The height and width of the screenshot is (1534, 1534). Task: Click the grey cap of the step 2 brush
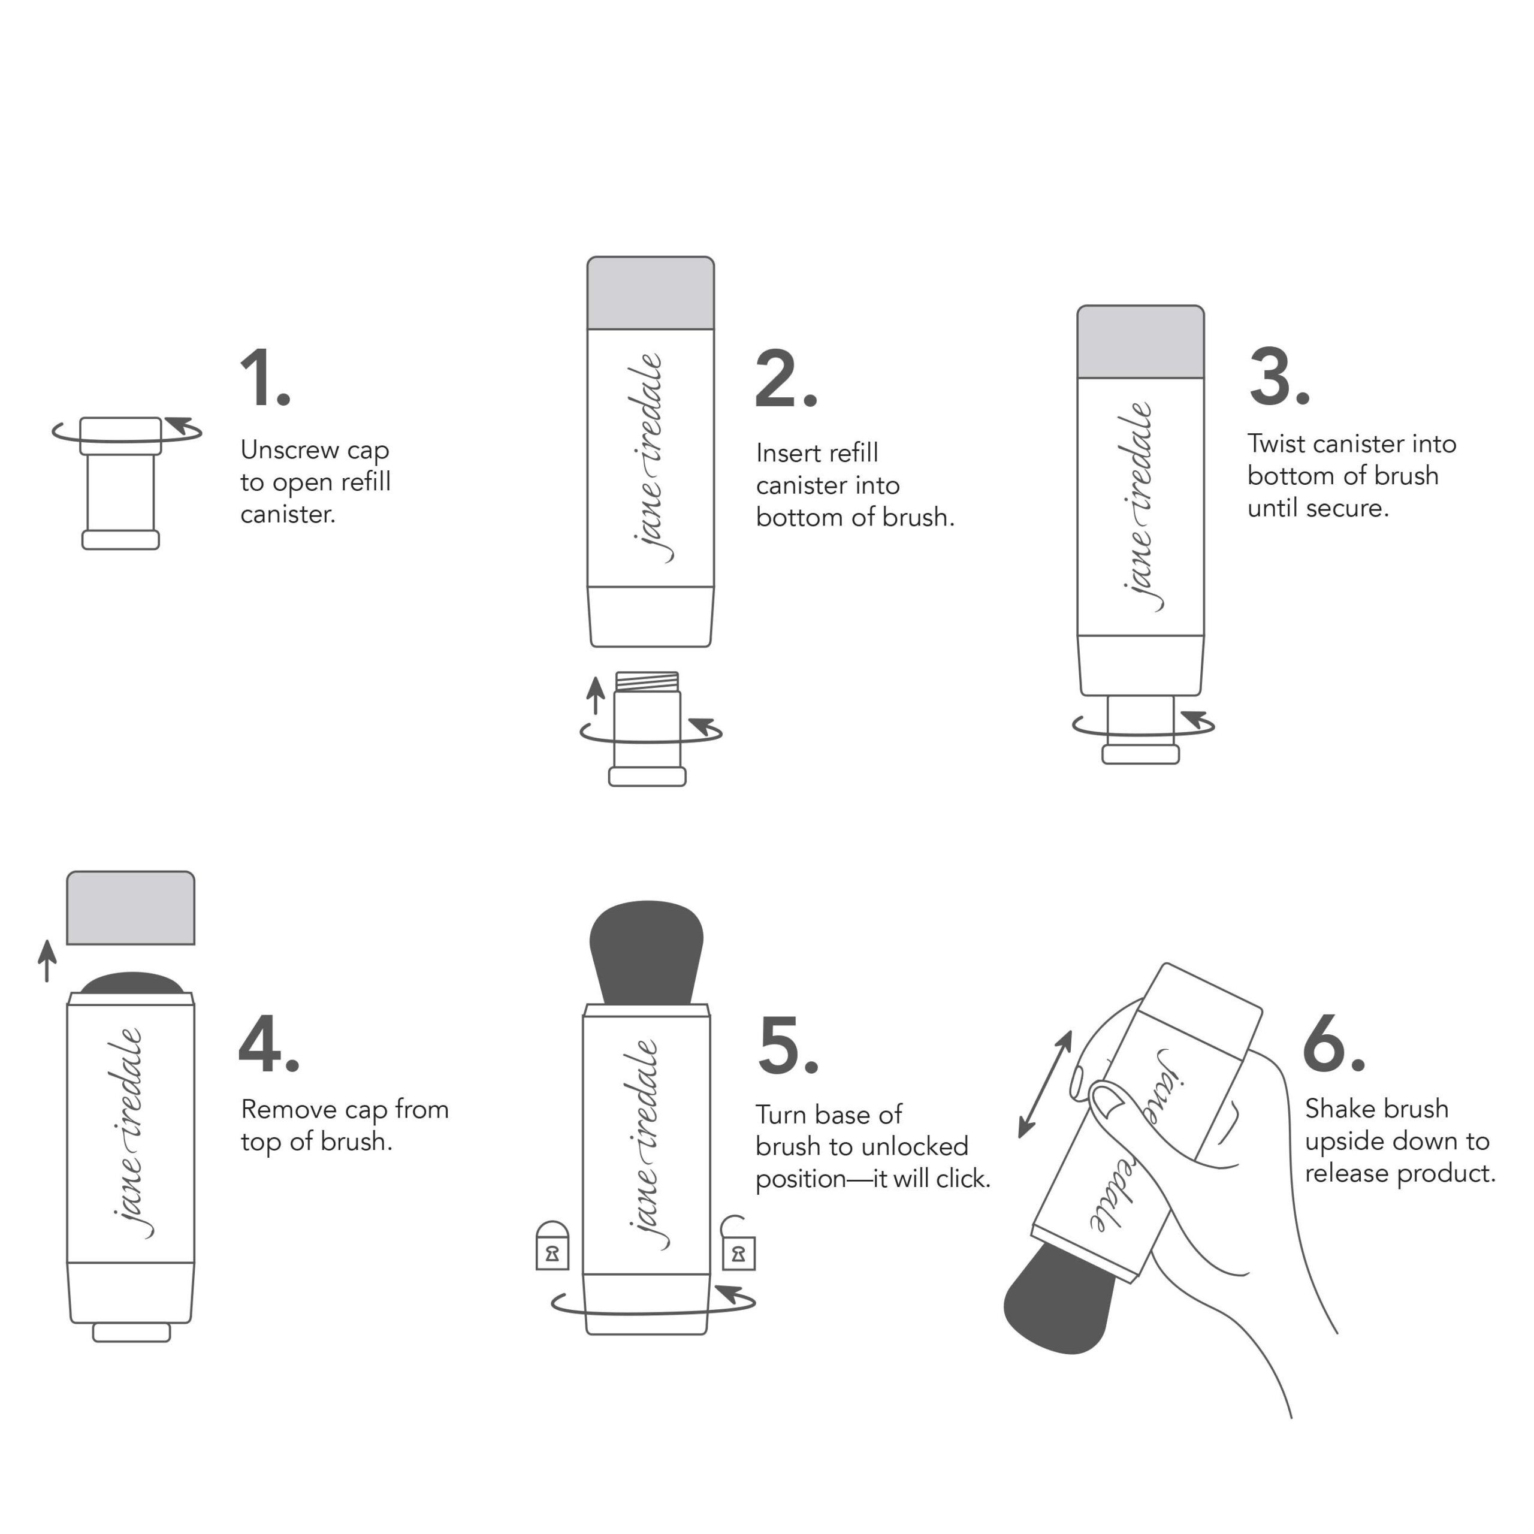pyautogui.click(x=650, y=292)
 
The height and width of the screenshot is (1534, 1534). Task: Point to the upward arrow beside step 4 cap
pyautogui.click(x=48, y=960)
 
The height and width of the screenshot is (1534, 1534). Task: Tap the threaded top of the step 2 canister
pyautogui.click(x=647, y=681)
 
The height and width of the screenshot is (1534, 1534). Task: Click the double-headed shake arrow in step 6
pyautogui.click(x=1045, y=1084)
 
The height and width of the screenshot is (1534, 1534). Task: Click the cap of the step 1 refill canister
pyautogui.click(x=120, y=435)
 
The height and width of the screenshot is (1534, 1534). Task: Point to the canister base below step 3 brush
pyautogui.click(x=1140, y=753)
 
